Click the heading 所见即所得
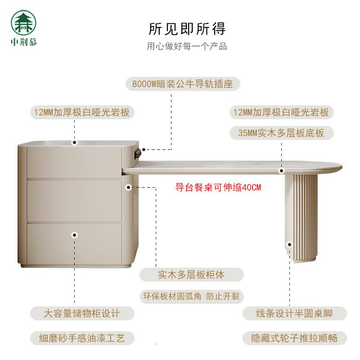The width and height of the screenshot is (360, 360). click(x=187, y=28)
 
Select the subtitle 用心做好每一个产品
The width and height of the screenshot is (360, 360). click(x=187, y=46)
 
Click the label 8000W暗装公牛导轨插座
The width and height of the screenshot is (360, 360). click(x=182, y=84)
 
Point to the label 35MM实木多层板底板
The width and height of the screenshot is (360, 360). click(x=281, y=133)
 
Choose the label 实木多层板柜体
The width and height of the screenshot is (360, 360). click(x=191, y=274)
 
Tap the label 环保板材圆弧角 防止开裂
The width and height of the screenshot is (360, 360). click(x=191, y=297)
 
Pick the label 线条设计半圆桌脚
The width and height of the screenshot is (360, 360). click(x=294, y=314)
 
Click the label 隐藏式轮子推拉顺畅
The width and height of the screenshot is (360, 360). click(x=294, y=338)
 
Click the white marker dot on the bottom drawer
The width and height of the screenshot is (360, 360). click(x=75, y=234)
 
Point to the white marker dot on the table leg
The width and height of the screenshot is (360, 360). click(x=289, y=245)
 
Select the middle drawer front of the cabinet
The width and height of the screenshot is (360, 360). click(x=74, y=200)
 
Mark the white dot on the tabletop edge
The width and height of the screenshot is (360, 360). click(x=281, y=171)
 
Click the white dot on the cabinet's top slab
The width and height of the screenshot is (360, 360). click(x=75, y=143)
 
